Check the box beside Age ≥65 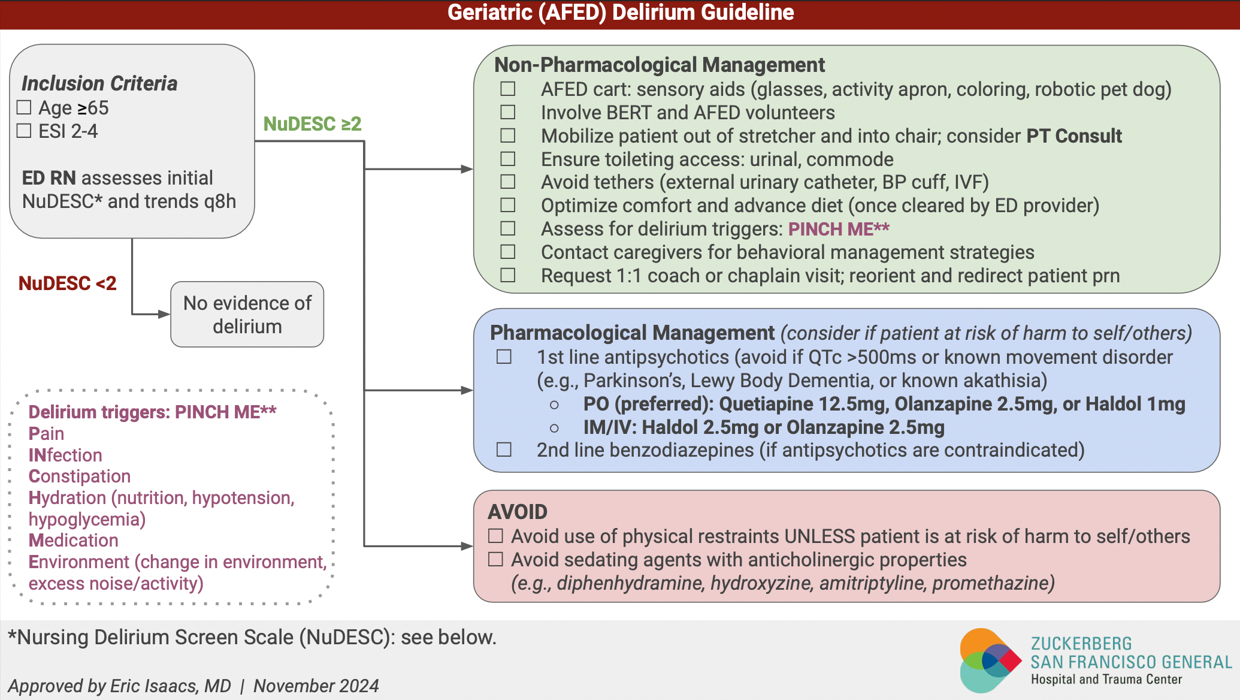click(24, 108)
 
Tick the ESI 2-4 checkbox click(24, 131)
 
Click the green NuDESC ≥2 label click(312, 124)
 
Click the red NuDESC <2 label click(67, 283)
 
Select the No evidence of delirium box click(247, 315)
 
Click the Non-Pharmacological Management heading click(659, 65)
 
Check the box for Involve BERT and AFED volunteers click(508, 113)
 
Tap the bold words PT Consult click(1073, 136)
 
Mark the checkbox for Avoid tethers click(508, 182)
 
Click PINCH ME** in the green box click(838, 229)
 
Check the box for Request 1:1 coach click(508, 276)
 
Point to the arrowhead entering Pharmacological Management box click(467, 391)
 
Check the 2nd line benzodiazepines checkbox click(504, 450)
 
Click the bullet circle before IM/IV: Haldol click(554, 428)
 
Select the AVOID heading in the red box click(518, 512)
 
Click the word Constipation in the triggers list click(80, 476)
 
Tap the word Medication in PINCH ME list click(74, 541)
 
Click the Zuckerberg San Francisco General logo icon click(989, 660)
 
